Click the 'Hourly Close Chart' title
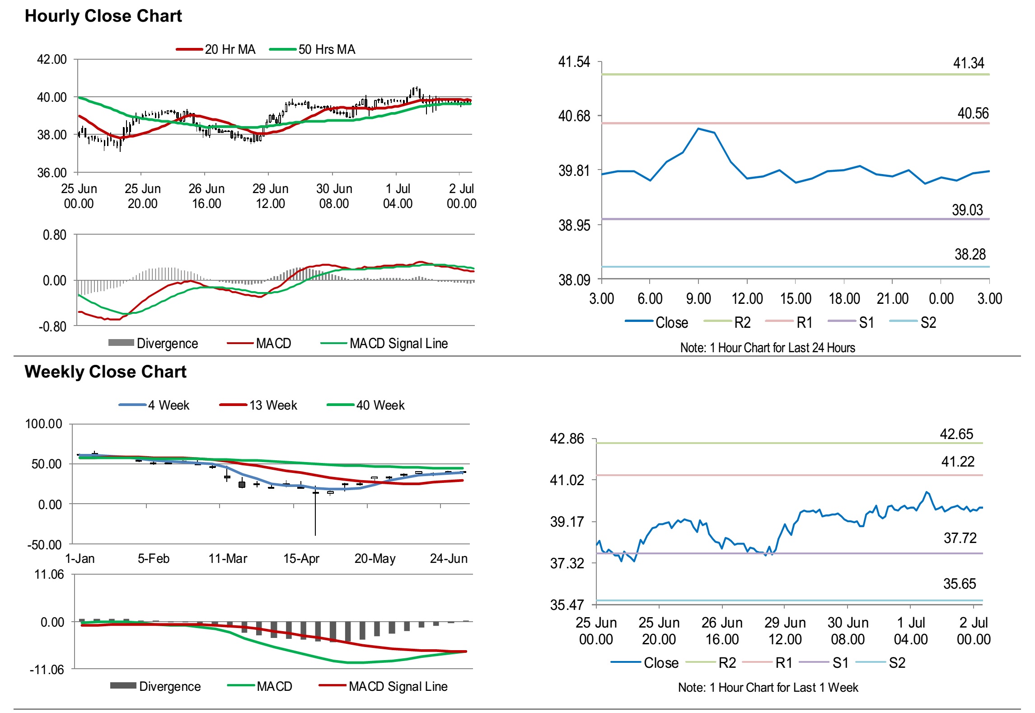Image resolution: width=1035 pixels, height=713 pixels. tap(103, 16)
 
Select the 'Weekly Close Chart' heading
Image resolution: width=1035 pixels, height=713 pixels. tap(105, 372)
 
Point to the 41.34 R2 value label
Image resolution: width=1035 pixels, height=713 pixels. tap(968, 63)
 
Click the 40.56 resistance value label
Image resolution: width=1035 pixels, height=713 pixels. tap(973, 113)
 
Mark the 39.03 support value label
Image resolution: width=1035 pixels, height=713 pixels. tap(967, 210)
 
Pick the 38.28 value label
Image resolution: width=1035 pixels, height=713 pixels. tap(970, 255)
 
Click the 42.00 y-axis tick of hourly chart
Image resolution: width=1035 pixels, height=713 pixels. tap(52, 60)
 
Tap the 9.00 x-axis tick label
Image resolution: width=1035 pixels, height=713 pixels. tap(698, 299)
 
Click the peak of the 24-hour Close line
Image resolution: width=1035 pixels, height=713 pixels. tap(698, 128)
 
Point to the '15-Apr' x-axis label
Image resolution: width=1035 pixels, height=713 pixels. tap(301, 559)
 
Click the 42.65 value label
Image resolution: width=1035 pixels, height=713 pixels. tap(956, 434)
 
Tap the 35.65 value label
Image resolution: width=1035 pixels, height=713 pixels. tap(960, 584)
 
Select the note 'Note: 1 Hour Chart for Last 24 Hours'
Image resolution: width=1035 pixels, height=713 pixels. tap(768, 348)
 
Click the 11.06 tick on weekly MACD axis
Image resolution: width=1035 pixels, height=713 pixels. tap(49, 575)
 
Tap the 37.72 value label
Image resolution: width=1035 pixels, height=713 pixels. tap(960, 538)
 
